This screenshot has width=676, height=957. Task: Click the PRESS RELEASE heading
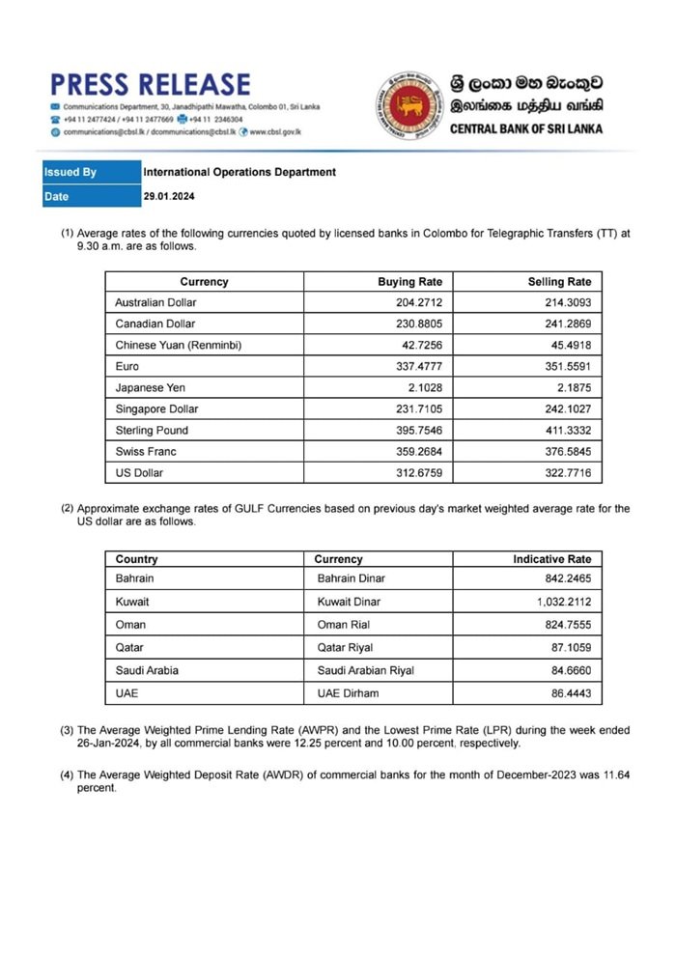pos(150,84)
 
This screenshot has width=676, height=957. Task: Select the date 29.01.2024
pos(169,197)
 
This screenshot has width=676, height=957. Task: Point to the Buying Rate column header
pos(409,282)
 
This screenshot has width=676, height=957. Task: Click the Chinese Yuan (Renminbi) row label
pos(178,346)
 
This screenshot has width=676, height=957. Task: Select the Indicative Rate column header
pos(551,559)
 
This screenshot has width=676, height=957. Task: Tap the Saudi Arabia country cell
pos(146,670)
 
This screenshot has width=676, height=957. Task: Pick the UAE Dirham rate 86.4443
pos(568,693)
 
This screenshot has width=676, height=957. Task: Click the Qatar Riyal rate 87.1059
pos(568,648)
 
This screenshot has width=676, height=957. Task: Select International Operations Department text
pos(239,173)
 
